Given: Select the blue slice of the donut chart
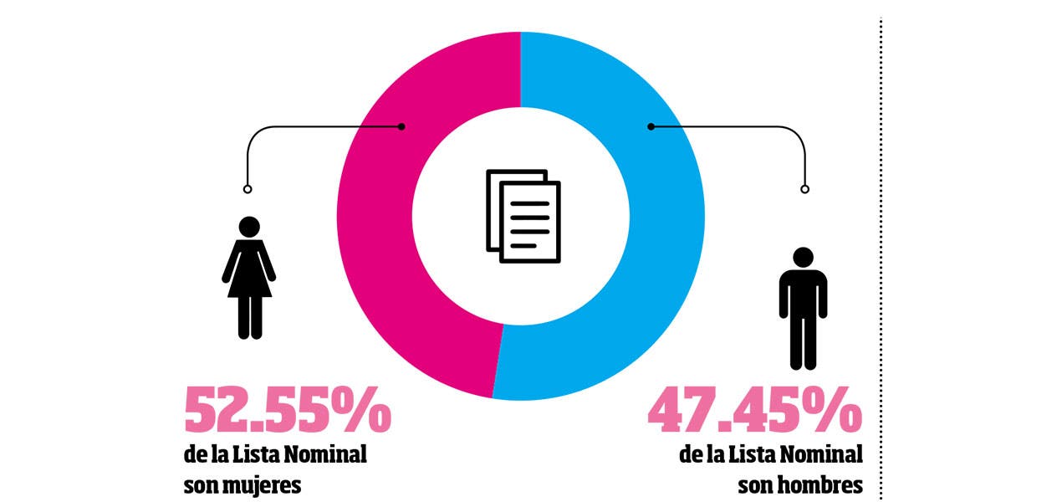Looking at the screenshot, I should pos(661,251).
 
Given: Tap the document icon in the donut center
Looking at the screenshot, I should pos(523,216).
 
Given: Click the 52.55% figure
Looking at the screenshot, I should pos(287,409).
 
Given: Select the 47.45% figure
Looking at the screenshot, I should pos(754,409).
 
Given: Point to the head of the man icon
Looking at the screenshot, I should pos(803,258).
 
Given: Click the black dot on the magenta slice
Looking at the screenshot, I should pos(402,126).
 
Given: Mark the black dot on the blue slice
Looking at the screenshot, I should pos(651,126).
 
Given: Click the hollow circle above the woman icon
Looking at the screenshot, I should pos(247,188).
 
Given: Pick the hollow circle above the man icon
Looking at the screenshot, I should pos(804,189).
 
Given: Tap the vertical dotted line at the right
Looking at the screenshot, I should pos(881,251).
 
